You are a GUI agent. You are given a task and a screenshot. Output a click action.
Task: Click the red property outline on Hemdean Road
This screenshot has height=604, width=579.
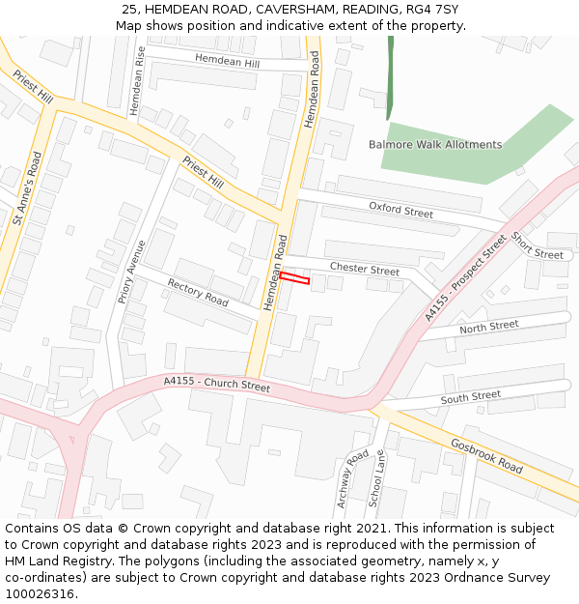pyautogui.click(x=295, y=279)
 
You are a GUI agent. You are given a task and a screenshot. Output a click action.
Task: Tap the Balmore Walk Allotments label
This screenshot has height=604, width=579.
pyautogui.click(x=435, y=145)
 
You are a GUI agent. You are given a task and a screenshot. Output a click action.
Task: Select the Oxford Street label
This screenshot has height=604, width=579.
pyautogui.click(x=401, y=209)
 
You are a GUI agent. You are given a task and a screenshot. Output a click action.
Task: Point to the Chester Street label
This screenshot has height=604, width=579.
pyautogui.click(x=364, y=269)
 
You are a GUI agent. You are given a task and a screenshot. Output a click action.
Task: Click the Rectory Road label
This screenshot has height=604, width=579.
pyautogui.click(x=198, y=293)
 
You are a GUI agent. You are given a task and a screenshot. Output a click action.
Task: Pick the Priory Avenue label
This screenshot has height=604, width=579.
pyautogui.click(x=131, y=273)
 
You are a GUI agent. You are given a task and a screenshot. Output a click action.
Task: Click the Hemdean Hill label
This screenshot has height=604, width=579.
pyautogui.click(x=228, y=61)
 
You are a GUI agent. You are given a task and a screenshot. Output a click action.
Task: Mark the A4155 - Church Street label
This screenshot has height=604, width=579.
pyautogui.click(x=217, y=384)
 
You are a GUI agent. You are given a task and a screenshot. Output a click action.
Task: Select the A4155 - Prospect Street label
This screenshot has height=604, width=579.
pyautogui.click(x=465, y=278)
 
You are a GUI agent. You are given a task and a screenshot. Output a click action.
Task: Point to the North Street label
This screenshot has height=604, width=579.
pyautogui.click(x=488, y=328)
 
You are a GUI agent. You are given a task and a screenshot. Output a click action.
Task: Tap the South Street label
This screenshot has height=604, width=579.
pyautogui.click(x=471, y=397)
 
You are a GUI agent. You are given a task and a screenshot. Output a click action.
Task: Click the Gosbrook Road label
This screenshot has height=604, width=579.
pyautogui.click(x=486, y=455)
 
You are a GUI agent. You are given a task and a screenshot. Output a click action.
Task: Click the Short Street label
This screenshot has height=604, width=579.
pyautogui.click(x=537, y=246)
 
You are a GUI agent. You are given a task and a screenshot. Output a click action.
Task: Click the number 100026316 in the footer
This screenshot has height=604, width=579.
pyautogui.click(x=40, y=594)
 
